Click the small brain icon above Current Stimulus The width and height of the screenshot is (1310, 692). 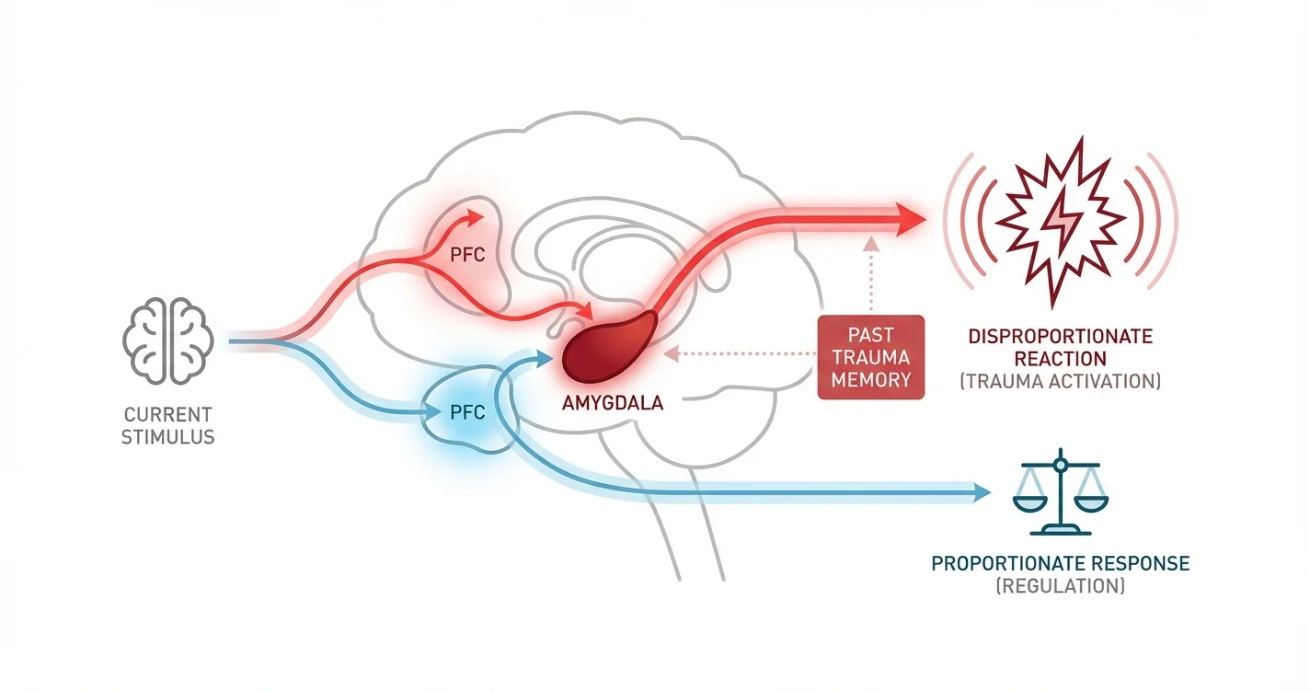[168, 340]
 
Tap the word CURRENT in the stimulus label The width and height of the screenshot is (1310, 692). [168, 414]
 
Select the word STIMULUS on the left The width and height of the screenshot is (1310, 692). [168, 436]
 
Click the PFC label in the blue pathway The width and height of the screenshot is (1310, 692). [465, 412]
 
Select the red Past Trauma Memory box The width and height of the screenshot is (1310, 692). [869, 357]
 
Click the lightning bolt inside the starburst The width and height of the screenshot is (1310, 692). [1060, 221]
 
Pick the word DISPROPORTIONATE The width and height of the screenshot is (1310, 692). [1060, 337]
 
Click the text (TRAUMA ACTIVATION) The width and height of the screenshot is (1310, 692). [1060, 381]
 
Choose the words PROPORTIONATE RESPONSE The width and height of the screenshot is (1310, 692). [1060, 562]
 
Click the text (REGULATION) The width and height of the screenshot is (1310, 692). [1060, 585]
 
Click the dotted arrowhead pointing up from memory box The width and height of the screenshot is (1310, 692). [870, 243]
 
